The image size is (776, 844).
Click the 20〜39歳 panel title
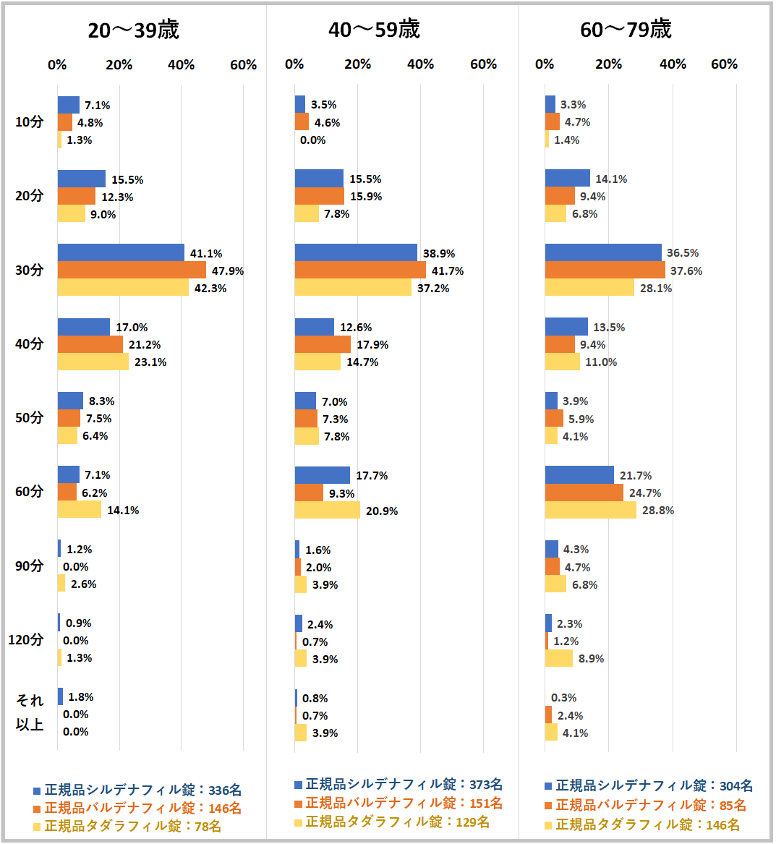pyautogui.click(x=134, y=30)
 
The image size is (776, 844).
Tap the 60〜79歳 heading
pyautogui.click(x=626, y=30)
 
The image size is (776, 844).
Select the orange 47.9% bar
pyautogui.click(x=132, y=270)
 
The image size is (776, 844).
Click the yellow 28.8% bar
pyautogui.click(x=590, y=510)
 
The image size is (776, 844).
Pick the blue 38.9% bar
pyautogui.click(x=356, y=253)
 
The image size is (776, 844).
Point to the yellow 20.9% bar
pyautogui.click(x=327, y=511)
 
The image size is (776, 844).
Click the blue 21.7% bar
pyautogui.click(x=579, y=475)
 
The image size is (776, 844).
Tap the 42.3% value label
pyautogui.click(x=210, y=288)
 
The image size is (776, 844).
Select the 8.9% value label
pyautogui.click(x=591, y=658)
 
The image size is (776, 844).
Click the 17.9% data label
pyautogui.click(x=372, y=344)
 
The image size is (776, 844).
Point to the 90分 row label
pyautogui.click(x=30, y=566)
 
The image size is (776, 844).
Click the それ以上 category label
pyautogui.click(x=30, y=712)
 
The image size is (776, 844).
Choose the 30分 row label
pyautogui.click(x=30, y=270)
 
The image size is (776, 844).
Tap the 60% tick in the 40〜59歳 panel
pyautogui.click(x=483, y=64)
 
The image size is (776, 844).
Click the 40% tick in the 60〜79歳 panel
pyautogui.click(x=673, y=64)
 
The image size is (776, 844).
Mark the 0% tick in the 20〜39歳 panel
pyautogui.click(x=57, y=64)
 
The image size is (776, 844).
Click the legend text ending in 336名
pyautogui.click(x=142, y=790)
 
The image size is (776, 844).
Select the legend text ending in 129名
pyautogui.click(x=397, y=822)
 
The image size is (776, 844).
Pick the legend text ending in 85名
pyautogui.click(x=650, y=805)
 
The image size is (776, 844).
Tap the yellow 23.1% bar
pyautogui.click(x=93, y=362)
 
